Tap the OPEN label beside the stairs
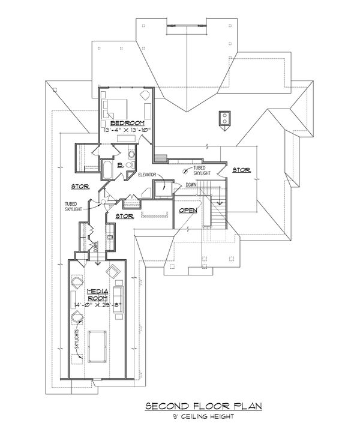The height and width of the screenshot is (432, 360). coord(188,211)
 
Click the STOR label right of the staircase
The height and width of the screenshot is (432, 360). coord(241,170)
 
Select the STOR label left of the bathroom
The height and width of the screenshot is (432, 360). coord(80,186)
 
